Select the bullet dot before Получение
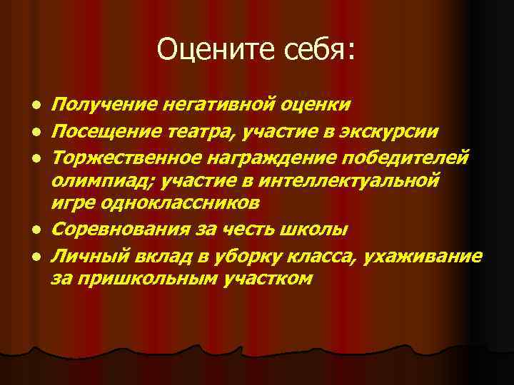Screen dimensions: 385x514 point(34,106)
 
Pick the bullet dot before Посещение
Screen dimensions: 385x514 point(34,132)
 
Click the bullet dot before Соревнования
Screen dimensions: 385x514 point(34,231)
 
